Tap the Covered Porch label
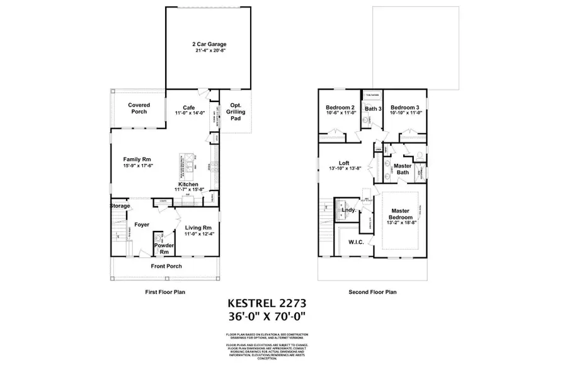(x=139, y=108)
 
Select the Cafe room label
(x=189, y=107)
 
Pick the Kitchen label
(x=188, y=184)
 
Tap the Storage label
(x=120, y=206)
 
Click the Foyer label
(x=141, y=223)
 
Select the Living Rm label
(x=198, y=227)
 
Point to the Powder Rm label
(x=164, y=249)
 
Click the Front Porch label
(x=166, y=266)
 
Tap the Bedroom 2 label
(x=340, y=108)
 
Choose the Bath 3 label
(x=373, y=108)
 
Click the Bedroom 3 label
(x=405, y=108)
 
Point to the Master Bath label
(x=403, y=169)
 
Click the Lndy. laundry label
(x=348, y=209)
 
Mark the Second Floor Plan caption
(x=372, y=292)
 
